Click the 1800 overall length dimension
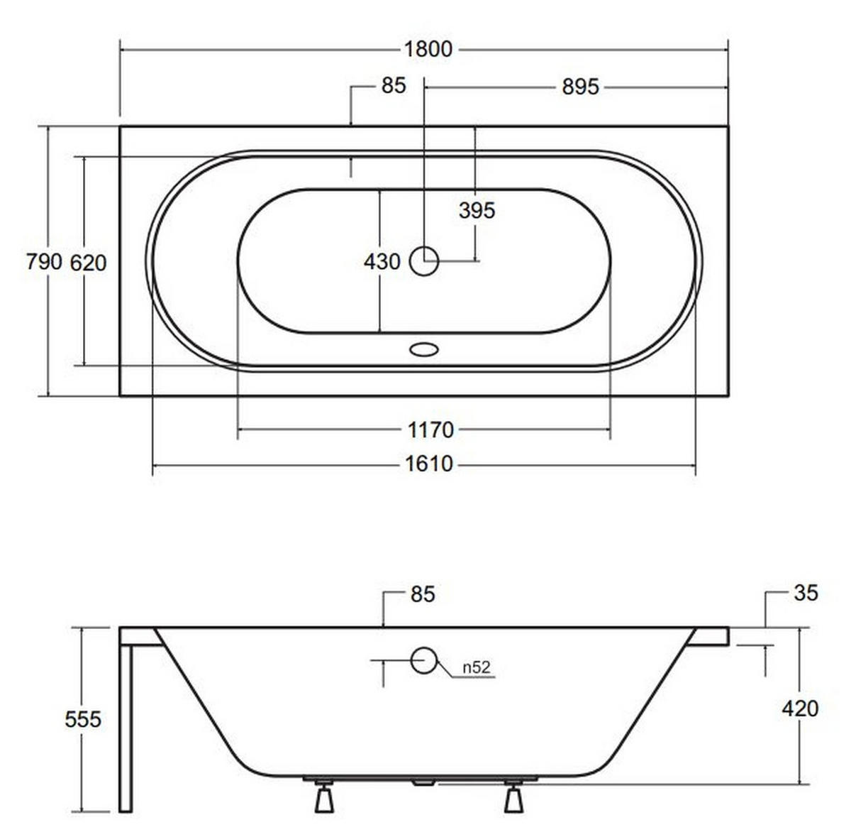point(428,49)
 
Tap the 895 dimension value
point(580,87)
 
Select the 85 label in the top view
point(394,85)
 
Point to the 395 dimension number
point(477,211)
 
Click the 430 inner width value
point(382,262)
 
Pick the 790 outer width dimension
point(44,262)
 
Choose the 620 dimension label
point(89,263)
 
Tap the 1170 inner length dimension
point(430,430)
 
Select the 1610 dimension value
point(429,464)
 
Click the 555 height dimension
point(83,720)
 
